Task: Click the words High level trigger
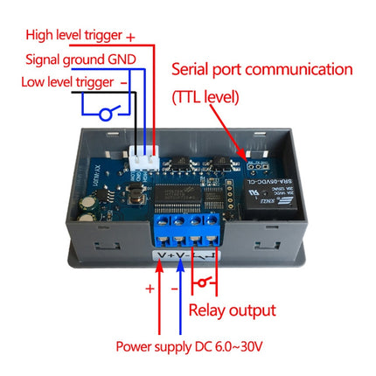[x=73, y=37]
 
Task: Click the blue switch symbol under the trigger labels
[x=107, y=112]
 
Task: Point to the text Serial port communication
[x=261, y=69]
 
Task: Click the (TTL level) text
[x=205, y=98]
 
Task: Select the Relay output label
[x=232, y=310]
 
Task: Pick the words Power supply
[x=154, y=346]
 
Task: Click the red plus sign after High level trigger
[x=131, y=38]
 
